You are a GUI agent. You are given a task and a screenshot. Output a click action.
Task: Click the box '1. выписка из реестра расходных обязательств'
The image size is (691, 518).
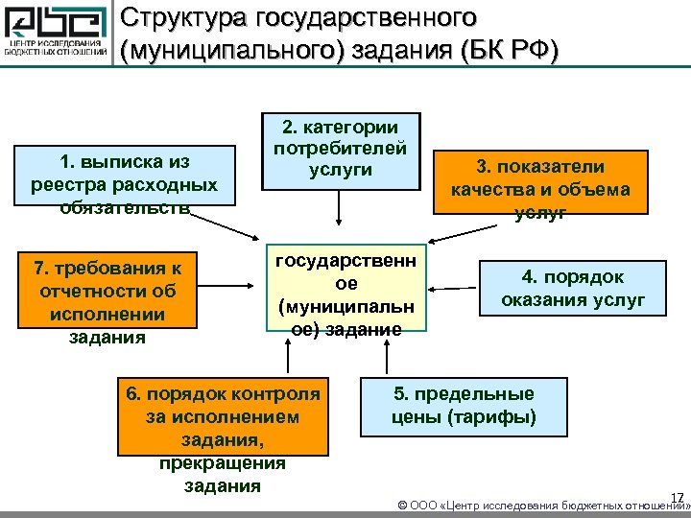click(125, 178)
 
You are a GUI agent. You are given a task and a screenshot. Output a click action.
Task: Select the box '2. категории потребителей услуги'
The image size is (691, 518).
click(340, 150)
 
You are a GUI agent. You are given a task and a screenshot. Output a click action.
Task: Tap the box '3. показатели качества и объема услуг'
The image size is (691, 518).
click(541, 182)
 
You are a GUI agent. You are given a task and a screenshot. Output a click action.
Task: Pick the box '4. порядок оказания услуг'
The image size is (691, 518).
click(572, 291)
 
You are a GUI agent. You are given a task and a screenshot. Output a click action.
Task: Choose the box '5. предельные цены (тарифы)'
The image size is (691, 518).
click(465, 406)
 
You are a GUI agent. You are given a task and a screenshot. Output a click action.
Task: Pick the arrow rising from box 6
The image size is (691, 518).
click(287, 360)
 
